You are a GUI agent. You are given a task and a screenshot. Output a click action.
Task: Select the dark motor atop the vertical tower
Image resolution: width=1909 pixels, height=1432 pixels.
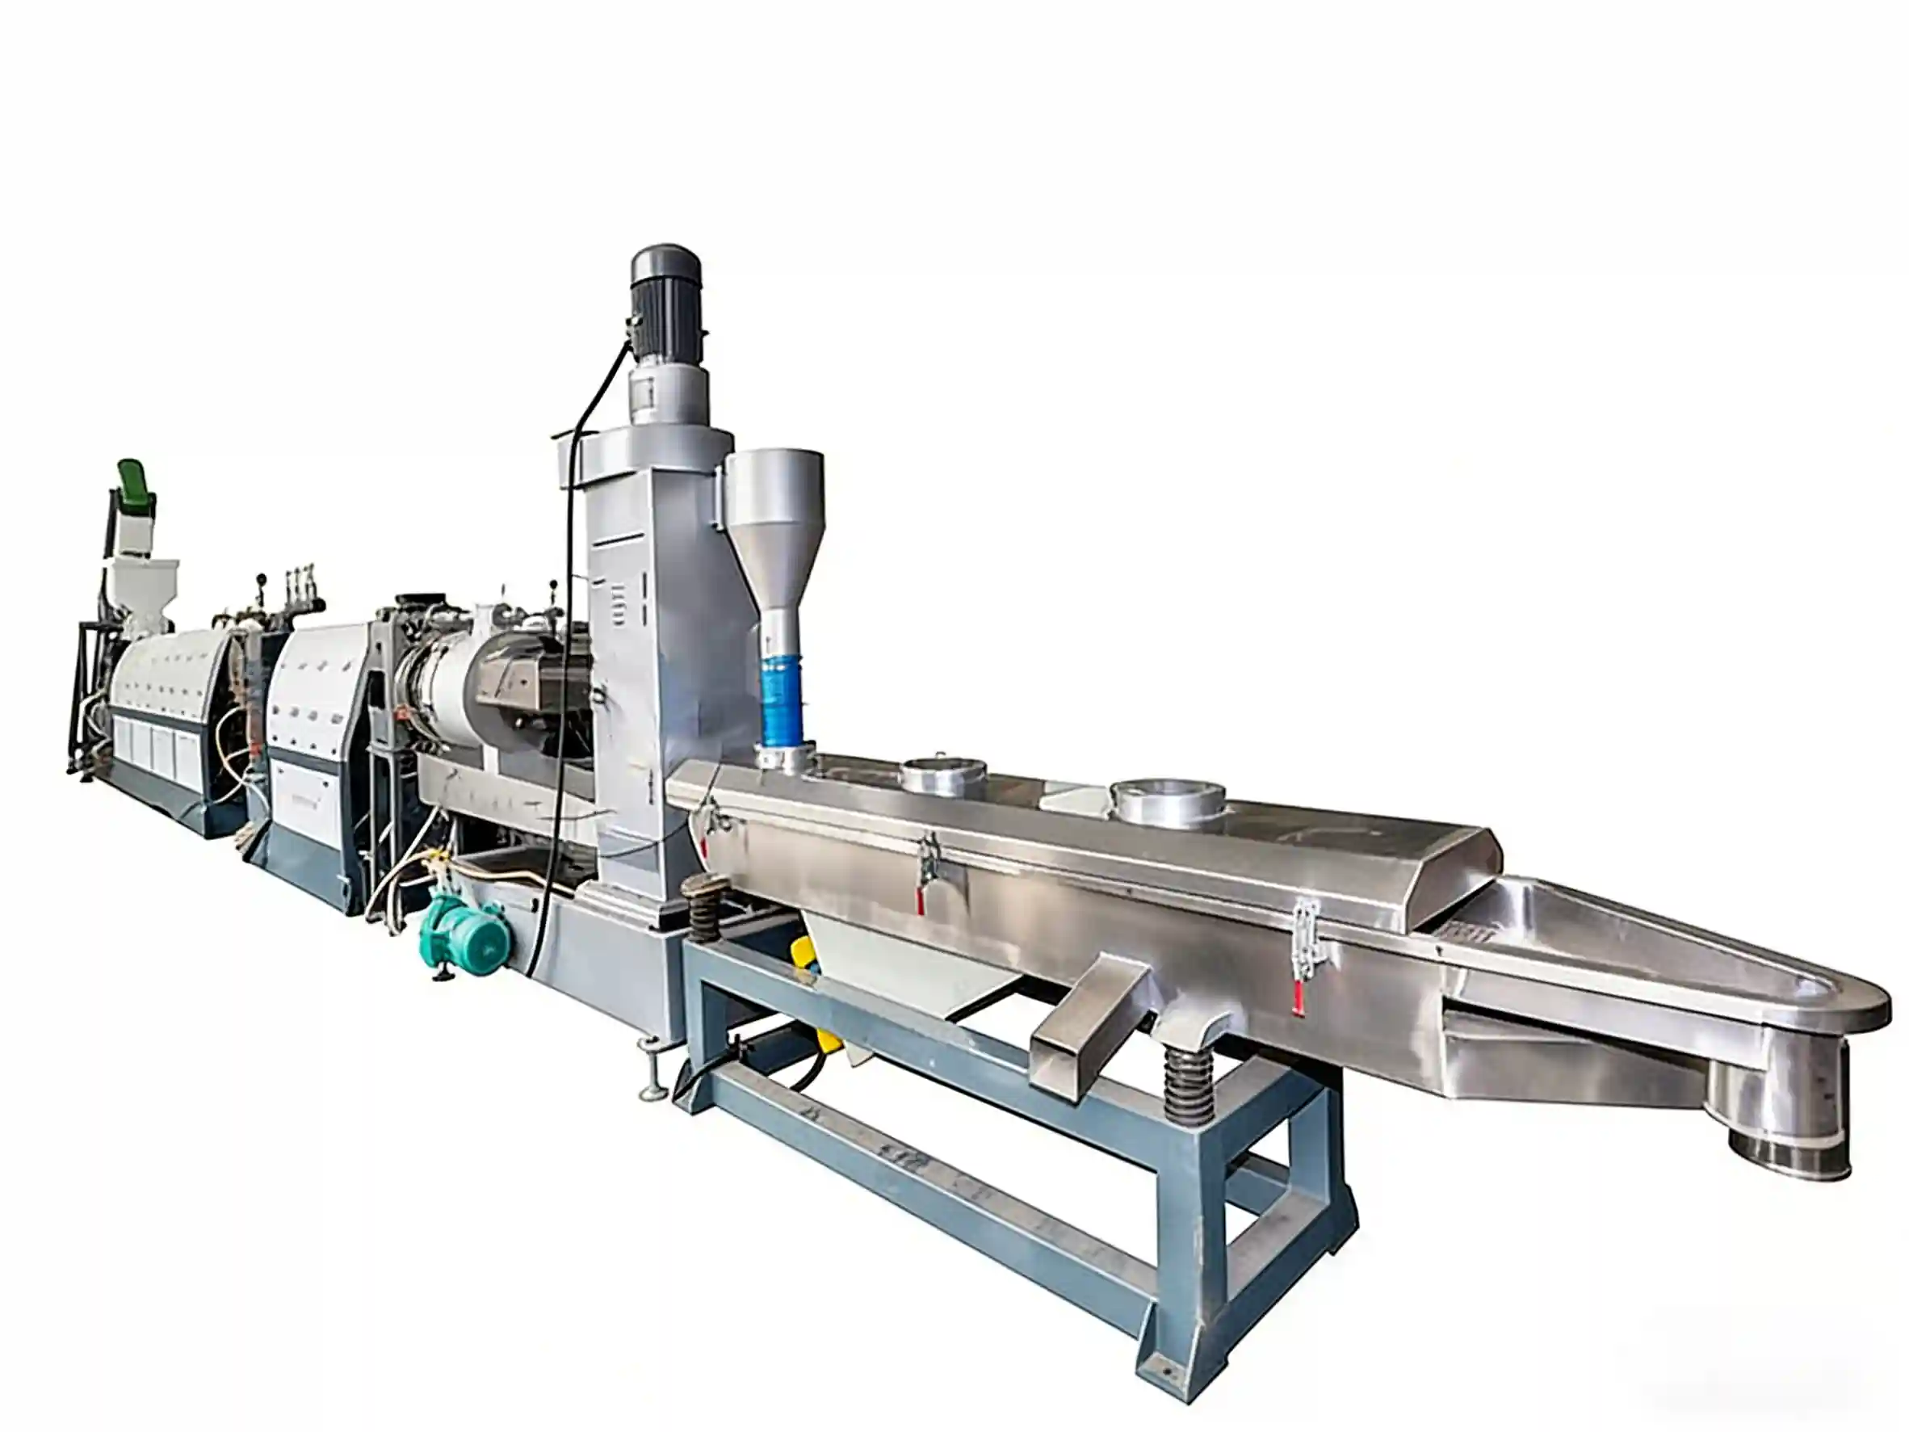pos(666,293)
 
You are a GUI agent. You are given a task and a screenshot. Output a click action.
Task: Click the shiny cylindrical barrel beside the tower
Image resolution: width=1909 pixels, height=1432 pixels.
pos(440,691)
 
